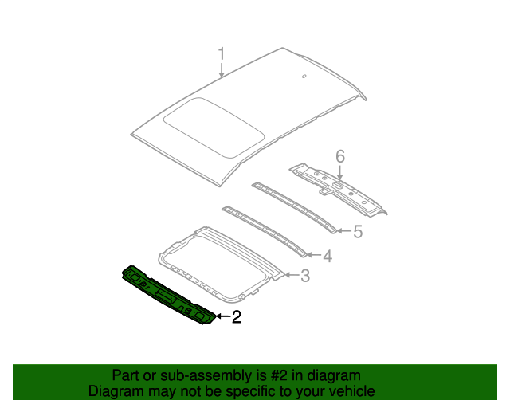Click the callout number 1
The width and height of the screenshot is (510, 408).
pyautogui.click(x=222, y=54)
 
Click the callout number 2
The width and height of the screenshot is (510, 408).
pyautogui.click(x=236, y=318)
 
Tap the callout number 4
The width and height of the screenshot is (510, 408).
pyautogui.click(x=327, y=256)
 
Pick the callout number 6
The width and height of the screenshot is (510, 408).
pyautogui.click(x=339, y=157)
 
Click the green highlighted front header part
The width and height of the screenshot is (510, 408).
pyautogui.click(x=167, y=296)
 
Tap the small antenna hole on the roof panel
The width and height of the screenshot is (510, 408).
pyautogui.click(x=304, y=76)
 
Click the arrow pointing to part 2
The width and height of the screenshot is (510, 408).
pyautogui.click(x=222, y=318)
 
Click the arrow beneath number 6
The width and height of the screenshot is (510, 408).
pyautogui.click(x=339, y=174)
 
